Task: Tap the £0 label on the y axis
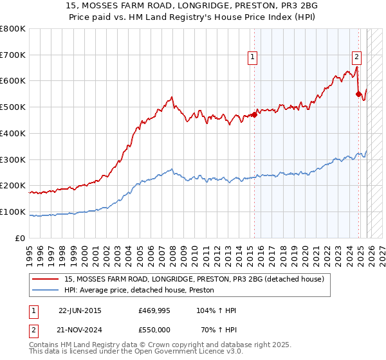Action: [20, 238]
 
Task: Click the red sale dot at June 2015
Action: [254, 115]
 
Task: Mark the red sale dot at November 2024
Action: [358, 94]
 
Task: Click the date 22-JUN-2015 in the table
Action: [80, 310]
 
